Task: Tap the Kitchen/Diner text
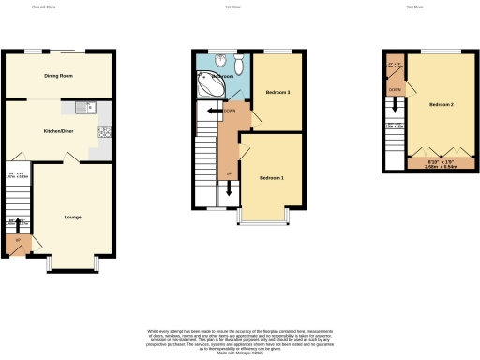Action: pos(58,131)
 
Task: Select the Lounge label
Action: pos(72,217)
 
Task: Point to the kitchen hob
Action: pos(103,131)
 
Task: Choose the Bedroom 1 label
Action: pos(272,178)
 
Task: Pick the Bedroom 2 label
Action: pos(442,104)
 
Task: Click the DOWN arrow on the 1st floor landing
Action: pos(229,110)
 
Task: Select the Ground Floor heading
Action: pos(59,6)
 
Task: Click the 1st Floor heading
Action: pos(248,6)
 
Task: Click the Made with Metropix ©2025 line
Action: pos(239,352)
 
